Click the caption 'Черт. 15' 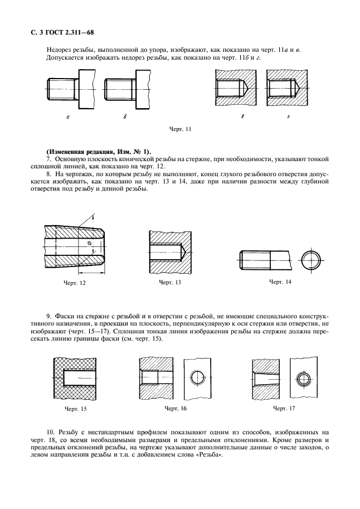pos(76,409)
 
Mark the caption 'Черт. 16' pos(176,409)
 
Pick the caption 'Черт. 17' pos(284,409)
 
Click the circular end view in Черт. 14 pos(311,260)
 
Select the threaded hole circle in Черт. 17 pos(305,378)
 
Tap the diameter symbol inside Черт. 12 pos(90,244)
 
